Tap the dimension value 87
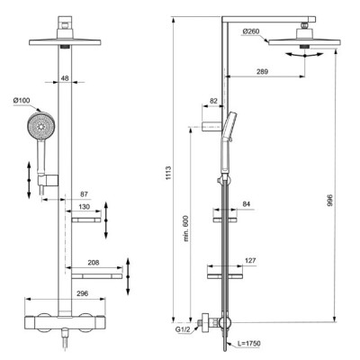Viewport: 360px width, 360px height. pyautogui.click(x=83, y=194)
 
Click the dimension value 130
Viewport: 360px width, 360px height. pyautogui.click(x=85, y=207)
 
